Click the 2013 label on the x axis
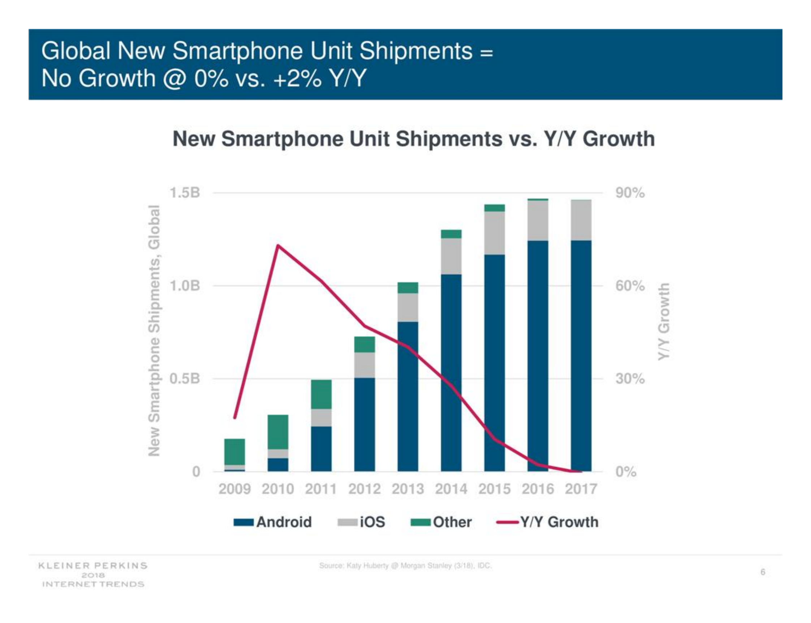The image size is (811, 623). (407, 489)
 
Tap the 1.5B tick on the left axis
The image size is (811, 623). (184, 193)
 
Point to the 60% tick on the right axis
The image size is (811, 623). (630, 286)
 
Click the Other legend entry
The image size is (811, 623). (441, 522)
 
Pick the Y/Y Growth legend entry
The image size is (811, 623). (547, 522)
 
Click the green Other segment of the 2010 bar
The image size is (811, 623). (278, 432)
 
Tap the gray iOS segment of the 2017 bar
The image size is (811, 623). (581, 220)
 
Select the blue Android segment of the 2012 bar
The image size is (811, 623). (364, 424)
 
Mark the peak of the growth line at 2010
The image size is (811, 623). (278, 246)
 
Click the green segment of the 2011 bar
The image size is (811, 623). (321, 394)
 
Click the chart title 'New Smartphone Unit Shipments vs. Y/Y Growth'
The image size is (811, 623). (414, 139)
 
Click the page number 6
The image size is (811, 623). (763, 572)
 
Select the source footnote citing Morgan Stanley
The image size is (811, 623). (405, 566)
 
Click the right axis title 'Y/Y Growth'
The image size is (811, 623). (663, 321)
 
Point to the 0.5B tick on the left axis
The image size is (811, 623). (184, 378)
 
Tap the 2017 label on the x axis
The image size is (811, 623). (581, 489)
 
